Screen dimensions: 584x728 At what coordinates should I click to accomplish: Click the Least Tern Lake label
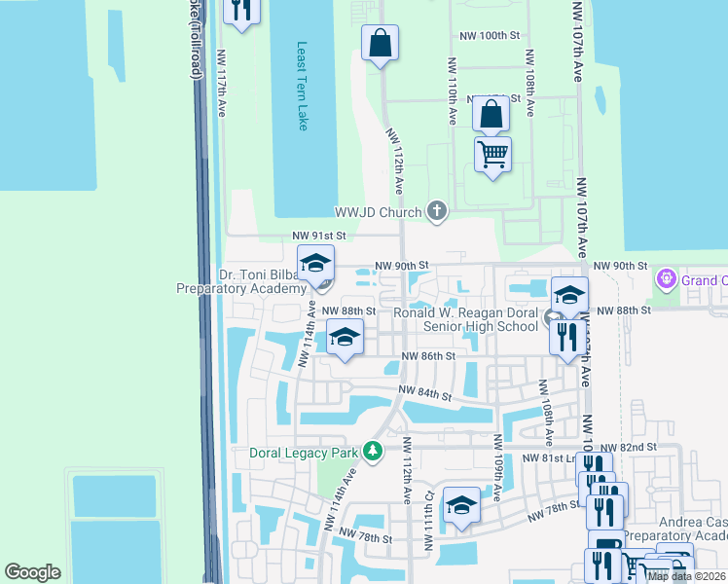pyautogui.click(x=302, y=86)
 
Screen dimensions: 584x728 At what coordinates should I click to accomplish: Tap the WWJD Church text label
pyautogui.click(x=378, y=211)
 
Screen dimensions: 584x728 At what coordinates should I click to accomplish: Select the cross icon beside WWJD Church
pyautogui.click(x=437, y=210)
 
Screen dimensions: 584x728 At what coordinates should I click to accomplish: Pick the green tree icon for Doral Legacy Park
pyautogui.click(x=372, y=452)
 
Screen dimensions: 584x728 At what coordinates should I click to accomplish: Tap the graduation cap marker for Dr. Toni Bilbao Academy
pyautogui.click(x=315, y=265)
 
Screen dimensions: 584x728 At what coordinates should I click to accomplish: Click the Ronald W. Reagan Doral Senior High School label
pyautogui.click(x=465, y=319)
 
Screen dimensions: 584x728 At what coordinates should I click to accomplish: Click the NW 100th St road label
pyautogui.click(x=491, y=35)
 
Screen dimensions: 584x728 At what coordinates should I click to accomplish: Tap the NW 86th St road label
pyautogui.click(x=428, y=357)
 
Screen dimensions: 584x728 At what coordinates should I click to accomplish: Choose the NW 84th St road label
pyautogui.click(x=425, y=395)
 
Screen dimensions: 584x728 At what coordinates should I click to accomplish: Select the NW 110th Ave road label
pyautogui.click(x=453, y=90)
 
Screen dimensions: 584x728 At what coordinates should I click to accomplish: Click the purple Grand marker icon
pyautogui.click(x=667, y=280)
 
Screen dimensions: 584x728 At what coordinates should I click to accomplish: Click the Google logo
pyautogui.click(x=32, y=572)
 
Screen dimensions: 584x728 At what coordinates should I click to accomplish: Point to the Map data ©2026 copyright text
pyautogui.click(x=686, y=576)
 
